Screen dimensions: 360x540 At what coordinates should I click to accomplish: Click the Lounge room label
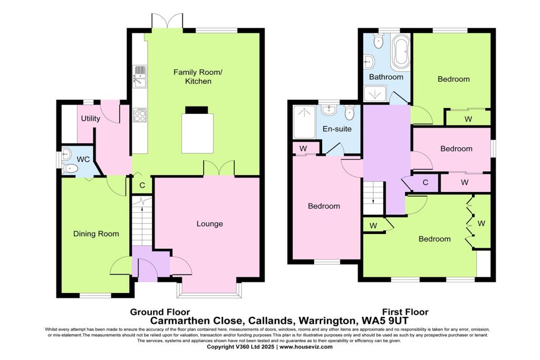210,223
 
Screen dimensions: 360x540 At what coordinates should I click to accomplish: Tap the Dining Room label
96,233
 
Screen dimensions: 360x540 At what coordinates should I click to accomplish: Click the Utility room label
90,119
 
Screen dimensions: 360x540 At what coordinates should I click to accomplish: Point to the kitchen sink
140,77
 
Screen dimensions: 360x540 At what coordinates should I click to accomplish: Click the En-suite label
337,129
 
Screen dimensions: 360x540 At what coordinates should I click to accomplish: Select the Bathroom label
386,77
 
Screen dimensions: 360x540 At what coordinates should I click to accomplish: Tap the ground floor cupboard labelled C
142,185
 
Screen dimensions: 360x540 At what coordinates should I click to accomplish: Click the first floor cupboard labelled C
426,182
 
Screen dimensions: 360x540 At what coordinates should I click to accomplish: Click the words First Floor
405,312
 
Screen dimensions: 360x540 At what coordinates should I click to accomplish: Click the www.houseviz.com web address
306,347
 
